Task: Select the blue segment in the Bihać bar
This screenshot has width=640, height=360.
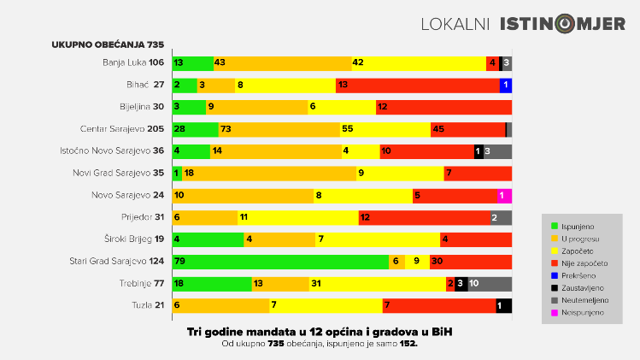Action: pyautogui.click(x=506, y=85)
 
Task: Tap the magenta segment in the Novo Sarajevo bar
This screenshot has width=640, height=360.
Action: pyautogui.click(x=504, y=195)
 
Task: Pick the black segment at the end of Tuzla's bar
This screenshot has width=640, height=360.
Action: pyautogui.click(x=503, y=306)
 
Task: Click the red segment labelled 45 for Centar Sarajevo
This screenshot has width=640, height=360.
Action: pyautogui.click(x=467, y=129)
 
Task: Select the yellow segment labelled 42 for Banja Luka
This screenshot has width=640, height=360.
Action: pyautogui.click(x=418, y=62)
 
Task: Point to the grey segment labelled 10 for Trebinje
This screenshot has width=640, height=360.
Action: pyautogui.click(x=490, y=284)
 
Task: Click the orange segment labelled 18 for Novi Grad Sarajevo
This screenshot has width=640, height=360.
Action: pyautogui.click(x=269, y=174)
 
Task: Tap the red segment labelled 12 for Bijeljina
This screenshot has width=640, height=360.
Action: pyautogui.click(x=443, y=107)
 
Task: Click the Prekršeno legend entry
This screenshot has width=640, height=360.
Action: pyautogui.click(x=579, y=275)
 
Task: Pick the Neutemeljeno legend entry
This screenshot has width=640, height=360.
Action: pyautogui.click(x=584, y=300)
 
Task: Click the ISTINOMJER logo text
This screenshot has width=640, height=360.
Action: pyautogui.click(x=562, y=24)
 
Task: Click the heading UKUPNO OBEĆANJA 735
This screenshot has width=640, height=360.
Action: pyautogui.click(x=107, y=44)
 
